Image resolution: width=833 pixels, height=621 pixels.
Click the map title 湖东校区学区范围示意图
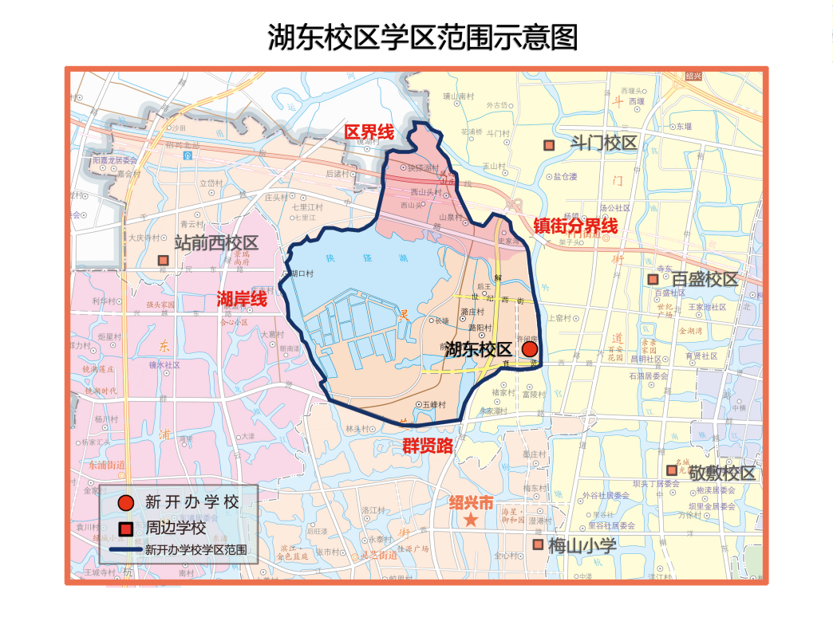tap(422, 36)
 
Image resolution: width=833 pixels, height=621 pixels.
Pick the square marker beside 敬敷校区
tap(672, 470)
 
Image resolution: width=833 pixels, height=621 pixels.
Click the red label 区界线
tap(369, 132)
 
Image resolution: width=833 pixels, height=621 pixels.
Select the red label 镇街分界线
tap(575, 226)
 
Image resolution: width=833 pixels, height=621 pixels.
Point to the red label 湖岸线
tap(242, 300)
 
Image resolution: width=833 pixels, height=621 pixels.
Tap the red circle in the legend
tap(125, 503)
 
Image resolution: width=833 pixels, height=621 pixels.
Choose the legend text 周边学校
tap(176, 528)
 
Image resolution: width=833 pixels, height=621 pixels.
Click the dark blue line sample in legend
tap(120, 550)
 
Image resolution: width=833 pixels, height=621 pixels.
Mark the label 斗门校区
tap(604, 143)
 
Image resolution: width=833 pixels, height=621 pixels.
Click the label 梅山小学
tap(582, 545)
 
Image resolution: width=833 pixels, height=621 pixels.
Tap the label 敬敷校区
tap(722, 473)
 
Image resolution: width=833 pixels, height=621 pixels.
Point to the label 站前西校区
tap(216, 243)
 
